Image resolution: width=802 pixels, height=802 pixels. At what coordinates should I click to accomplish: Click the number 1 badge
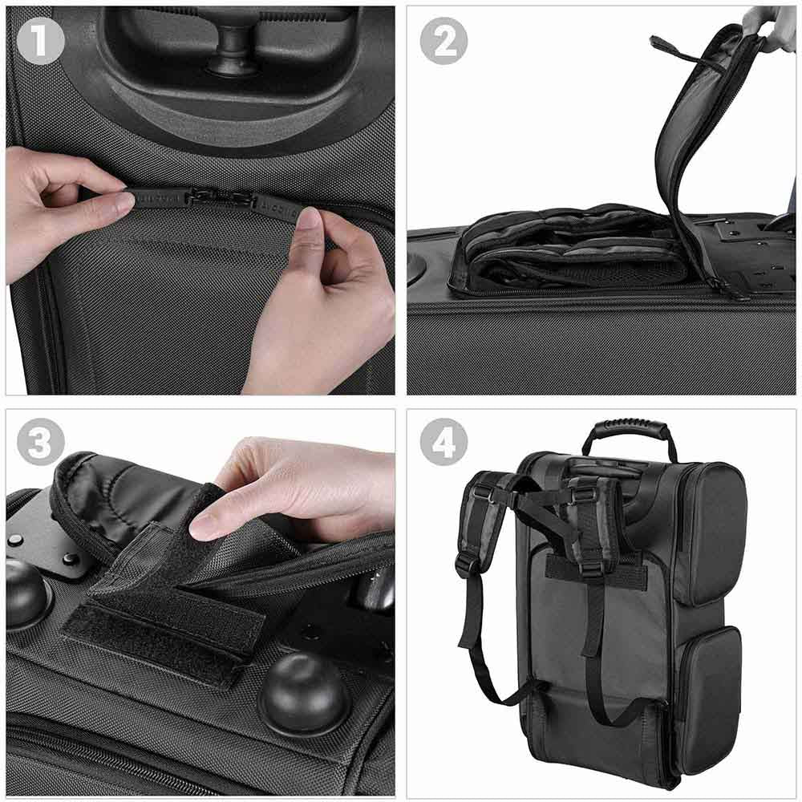point(40,40)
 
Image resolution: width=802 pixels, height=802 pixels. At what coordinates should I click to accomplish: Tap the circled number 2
point(444,40)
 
